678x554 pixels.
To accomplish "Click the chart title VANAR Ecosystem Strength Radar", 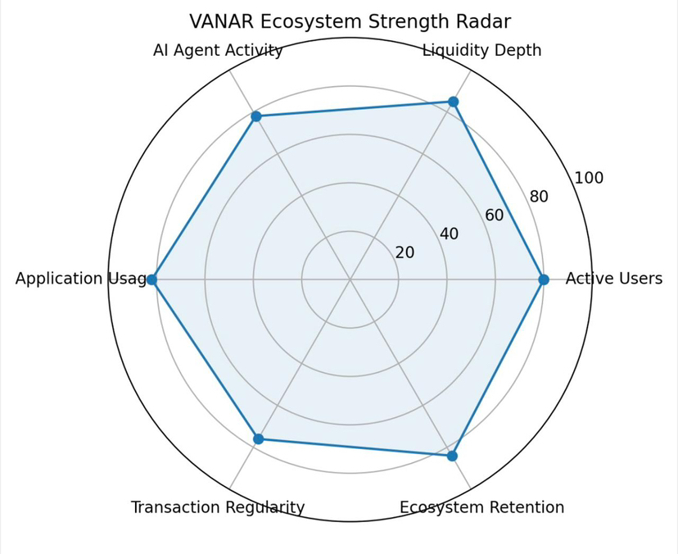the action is [350, 21].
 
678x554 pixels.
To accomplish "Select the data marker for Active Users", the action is [544, 279].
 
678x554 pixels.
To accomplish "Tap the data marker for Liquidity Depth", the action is [453, 102].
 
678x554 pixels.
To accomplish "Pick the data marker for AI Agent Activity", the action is [256, 116].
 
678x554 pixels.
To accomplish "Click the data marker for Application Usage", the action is [151, 279].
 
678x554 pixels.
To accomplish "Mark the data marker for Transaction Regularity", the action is [258, 439].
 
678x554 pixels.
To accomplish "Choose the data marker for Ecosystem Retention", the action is [452, 456].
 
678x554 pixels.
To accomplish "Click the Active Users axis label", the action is [614, 279].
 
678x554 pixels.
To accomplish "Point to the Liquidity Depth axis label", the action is [481, 51].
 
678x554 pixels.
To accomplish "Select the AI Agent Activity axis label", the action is [218, 51].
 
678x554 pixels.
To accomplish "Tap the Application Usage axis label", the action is [81, 279].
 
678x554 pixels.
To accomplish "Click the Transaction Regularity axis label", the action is [218, 507].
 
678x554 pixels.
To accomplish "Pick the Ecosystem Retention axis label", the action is [481, 507].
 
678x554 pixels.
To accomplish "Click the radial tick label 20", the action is [405, 252].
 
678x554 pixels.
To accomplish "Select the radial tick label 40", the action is [449, 234].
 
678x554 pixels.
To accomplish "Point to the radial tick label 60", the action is [495, 215].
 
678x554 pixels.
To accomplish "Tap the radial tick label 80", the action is [539, 197].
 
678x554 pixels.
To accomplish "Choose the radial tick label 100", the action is [588, 178].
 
